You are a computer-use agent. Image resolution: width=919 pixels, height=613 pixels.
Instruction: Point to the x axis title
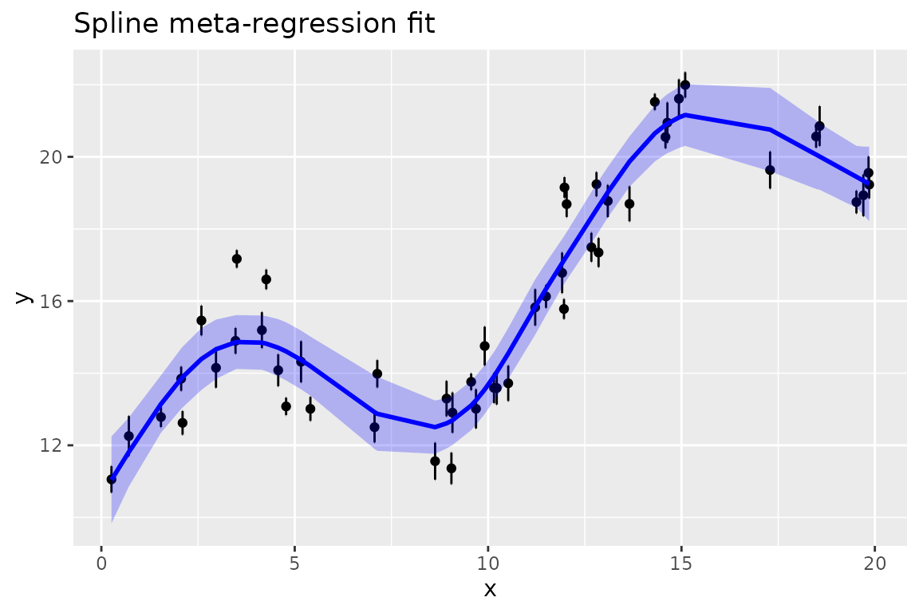[490, 589]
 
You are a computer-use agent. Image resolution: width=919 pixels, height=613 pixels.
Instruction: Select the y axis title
[24, 297]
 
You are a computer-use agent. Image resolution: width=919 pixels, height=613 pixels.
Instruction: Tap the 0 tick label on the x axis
[101, 562]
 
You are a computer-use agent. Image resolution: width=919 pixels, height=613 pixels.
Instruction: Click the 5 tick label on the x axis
[294, 562]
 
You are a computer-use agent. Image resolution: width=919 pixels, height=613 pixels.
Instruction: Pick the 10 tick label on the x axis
[488, 562]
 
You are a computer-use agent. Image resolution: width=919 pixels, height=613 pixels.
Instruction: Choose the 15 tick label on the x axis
[681, 562]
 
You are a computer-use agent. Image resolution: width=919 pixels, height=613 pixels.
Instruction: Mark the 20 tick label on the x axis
[874, 562]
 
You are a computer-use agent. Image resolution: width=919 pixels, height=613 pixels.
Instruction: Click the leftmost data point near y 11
[112, 479]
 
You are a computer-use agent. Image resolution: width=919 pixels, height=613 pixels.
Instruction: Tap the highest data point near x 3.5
[237, 259]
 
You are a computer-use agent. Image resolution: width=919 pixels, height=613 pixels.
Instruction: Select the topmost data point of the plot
[684, 85]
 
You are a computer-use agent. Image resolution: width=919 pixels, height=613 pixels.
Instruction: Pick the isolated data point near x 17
[770, 170]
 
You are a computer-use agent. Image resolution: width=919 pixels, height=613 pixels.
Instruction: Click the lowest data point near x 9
[452, 468]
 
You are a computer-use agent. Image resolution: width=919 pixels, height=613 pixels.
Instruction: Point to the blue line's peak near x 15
[685, 114]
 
